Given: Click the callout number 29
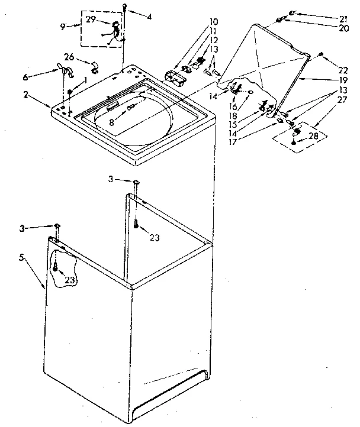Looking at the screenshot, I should click(90, 20).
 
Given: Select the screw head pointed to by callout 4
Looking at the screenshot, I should click(126, 7).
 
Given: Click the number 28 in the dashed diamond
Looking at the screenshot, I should click(313, 135).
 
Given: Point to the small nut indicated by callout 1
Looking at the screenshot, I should click(69, 90).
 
